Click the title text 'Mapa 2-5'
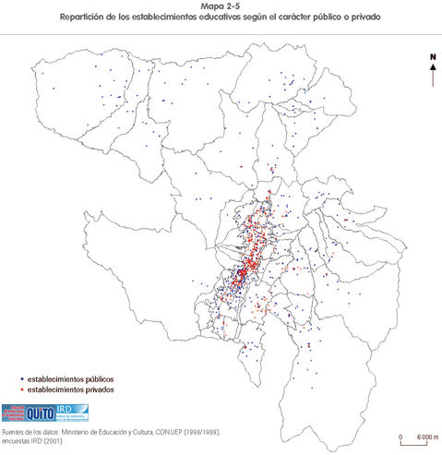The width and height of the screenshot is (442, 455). tap(221, 6)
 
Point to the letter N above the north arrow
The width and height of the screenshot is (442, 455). tap(432, 57)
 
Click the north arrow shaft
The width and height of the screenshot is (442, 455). tap(432, 76)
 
